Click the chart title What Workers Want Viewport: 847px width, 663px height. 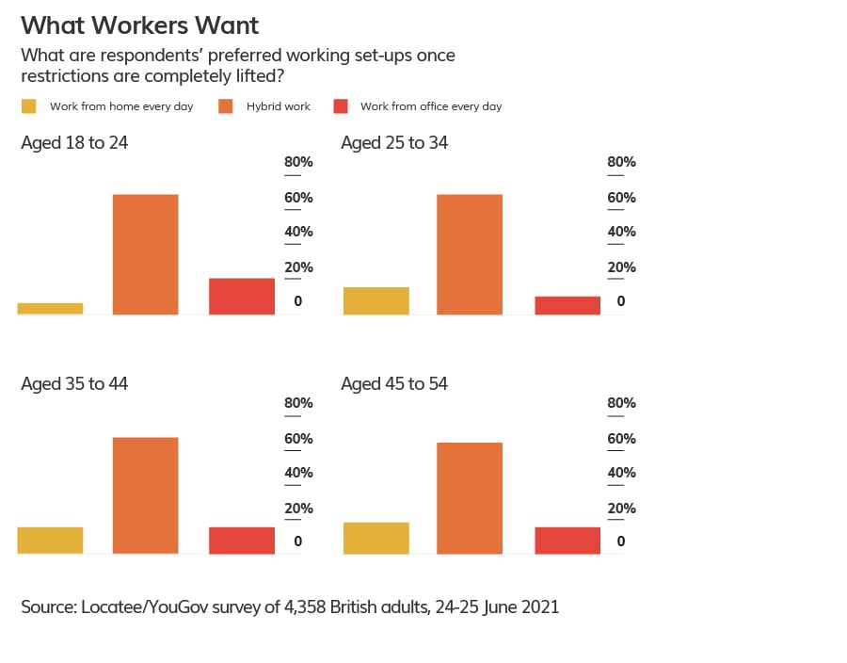[139, 25]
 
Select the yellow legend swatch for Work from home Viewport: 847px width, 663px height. [29, 106]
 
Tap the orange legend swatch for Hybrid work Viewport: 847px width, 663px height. [226, 106]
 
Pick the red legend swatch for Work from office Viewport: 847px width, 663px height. [342, 106]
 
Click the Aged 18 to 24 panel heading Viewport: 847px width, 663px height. [74, 143]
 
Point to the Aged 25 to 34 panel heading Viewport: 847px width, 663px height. [394, 143]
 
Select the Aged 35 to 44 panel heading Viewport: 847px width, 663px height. [74, 384]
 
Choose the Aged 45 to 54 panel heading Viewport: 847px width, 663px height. [394, 384]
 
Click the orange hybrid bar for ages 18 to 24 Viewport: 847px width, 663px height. [145, 254]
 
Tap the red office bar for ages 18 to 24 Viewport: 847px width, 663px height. [242, 297]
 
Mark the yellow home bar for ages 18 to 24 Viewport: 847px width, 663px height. [50, 309]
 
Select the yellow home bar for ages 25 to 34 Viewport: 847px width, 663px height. [376, 300]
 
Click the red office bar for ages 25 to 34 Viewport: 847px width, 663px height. [567, 305]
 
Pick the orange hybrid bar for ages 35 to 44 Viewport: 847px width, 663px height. [145, 495]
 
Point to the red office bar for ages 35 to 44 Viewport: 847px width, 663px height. [242, 541]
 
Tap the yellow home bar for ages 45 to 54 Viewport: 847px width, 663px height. [376, 538]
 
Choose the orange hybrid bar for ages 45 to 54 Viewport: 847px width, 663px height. [470, 498]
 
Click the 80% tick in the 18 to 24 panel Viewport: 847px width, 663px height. [298, 162]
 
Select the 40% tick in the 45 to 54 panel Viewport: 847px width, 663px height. [621, 473]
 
